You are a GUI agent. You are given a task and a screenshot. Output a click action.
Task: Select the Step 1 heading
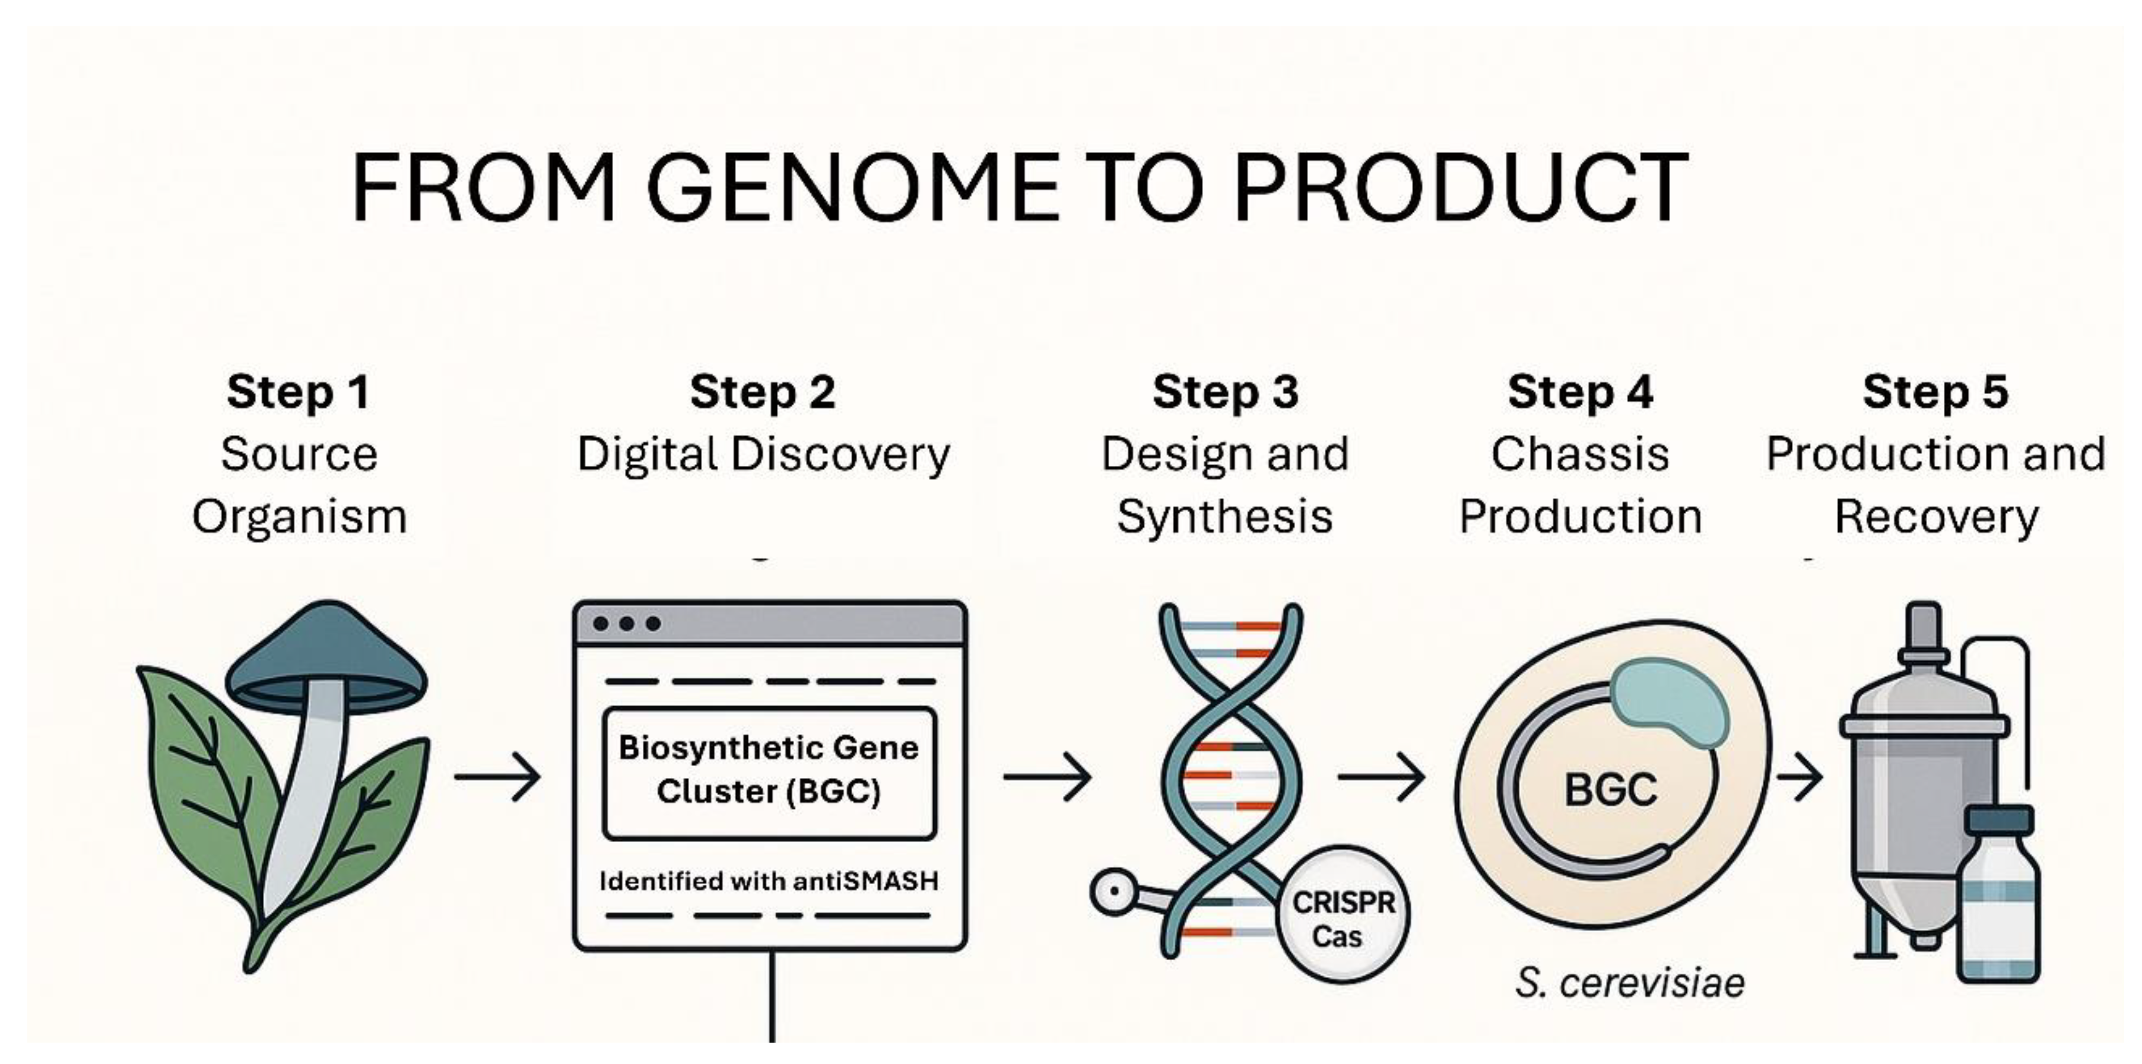pos(299,392)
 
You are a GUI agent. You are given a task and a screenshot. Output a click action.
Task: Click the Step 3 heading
pos(1225,392)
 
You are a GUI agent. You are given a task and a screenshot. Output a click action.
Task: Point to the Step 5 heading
pos(1935,392)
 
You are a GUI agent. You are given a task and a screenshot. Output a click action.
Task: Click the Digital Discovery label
pos(763,455)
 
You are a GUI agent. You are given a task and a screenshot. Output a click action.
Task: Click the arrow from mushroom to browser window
pos(497,777)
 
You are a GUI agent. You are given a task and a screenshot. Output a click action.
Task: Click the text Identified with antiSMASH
pos(769,881)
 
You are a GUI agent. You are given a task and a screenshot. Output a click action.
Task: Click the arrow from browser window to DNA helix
pos(1048,777)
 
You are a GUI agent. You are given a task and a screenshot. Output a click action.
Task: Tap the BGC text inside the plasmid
pos(1611,790)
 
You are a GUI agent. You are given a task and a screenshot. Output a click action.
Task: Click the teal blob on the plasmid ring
pos(1670,703)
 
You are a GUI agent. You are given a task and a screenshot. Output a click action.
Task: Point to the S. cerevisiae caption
pos(1630,983)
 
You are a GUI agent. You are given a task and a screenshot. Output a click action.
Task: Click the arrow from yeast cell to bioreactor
pos(1800,777)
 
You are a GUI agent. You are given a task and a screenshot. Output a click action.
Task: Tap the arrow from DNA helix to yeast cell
pos(1381,777)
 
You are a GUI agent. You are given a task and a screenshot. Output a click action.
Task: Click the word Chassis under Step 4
pos(1580,455)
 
